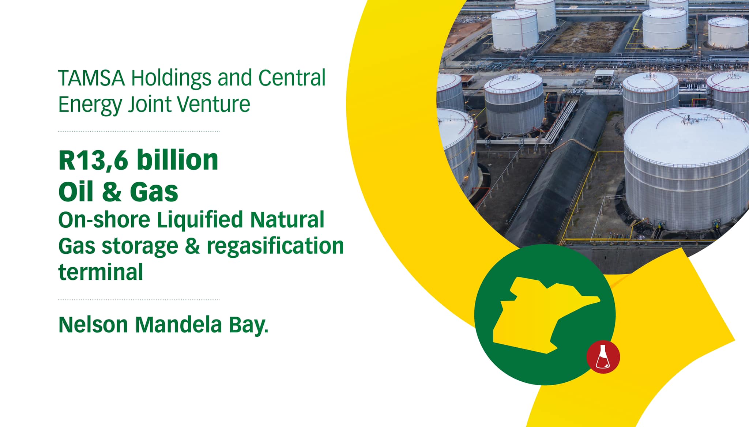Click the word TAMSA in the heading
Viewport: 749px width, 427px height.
[91, 78]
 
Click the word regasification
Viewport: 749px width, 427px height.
[275, 246]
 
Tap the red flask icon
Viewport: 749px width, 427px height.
[603, 357]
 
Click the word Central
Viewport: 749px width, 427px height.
[292, 78]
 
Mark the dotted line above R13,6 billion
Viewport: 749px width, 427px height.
[139, 131]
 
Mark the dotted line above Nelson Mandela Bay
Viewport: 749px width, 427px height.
[139, 299]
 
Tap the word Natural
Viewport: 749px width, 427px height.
[287, 219]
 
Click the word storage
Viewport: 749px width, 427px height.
[140, 247]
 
